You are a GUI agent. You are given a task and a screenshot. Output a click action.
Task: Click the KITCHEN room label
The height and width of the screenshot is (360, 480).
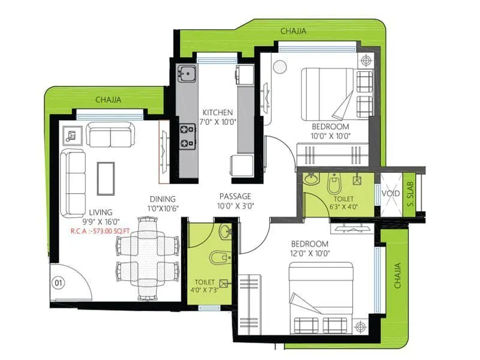217,112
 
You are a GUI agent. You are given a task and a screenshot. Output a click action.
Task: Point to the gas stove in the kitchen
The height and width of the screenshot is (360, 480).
187,135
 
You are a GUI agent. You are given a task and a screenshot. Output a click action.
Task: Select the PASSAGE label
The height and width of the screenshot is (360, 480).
235,196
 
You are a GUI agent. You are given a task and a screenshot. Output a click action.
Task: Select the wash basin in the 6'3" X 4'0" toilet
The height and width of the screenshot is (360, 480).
311,179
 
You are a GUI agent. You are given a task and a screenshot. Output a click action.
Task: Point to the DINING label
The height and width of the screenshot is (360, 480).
163,199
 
